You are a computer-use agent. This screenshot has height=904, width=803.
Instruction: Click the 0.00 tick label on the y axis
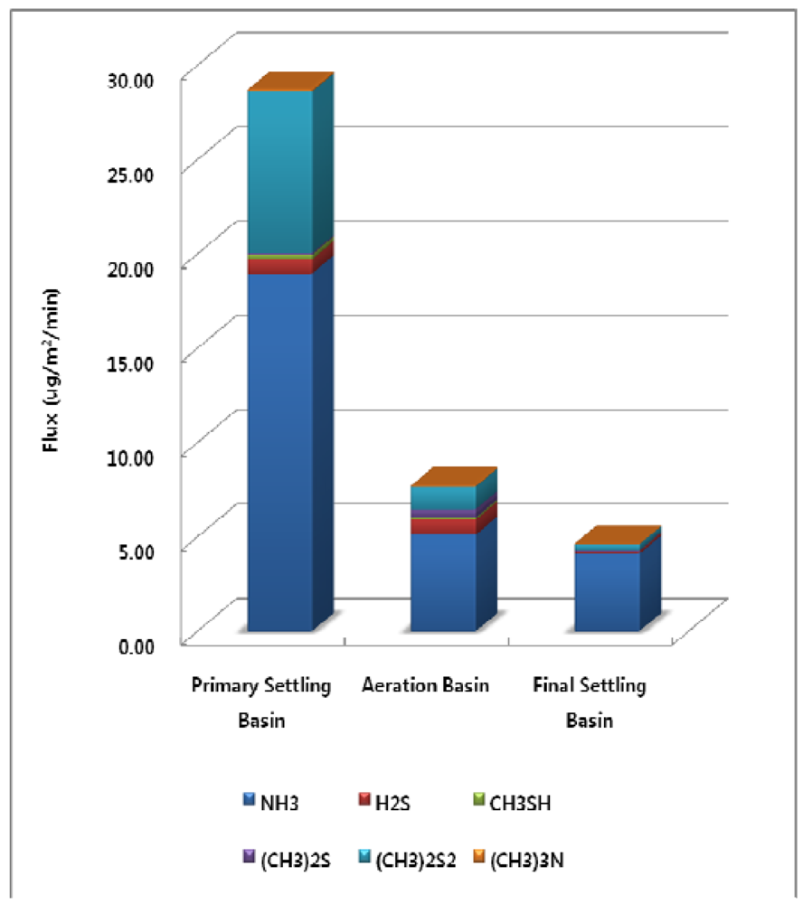[x=151, y=644]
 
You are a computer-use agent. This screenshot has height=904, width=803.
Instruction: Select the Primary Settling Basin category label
[x=261, y=702]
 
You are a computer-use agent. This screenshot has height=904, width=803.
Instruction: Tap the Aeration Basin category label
[x=425, y=685]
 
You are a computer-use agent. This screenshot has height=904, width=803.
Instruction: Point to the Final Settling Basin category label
[x=590, y=702]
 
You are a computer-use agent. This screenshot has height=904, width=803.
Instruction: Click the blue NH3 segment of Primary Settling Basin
[x=280, y=452]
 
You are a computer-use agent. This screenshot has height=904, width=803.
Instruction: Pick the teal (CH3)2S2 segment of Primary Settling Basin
[x=280, y=172]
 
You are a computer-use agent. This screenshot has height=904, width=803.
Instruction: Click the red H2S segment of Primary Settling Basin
[x=280, y=267]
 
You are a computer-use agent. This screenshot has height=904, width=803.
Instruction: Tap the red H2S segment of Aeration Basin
[x=443, y=525]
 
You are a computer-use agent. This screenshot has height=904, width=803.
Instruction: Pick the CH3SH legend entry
[x=506, y=800]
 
